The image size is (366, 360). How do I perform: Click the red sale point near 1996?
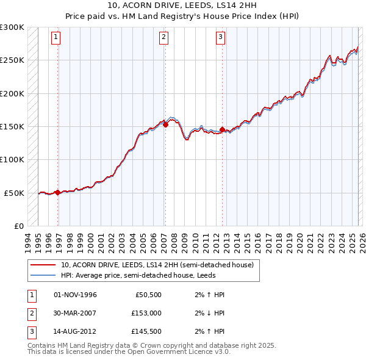[x=57, y=192]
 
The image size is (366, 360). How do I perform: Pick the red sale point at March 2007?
[x=165, y=124]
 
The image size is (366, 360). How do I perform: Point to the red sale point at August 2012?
[x=222, y=129]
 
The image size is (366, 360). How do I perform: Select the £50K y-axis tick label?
[x=15, y=193]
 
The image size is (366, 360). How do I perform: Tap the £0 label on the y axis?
[x=18, y=226]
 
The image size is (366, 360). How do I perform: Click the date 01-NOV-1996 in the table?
[x=75, y=295]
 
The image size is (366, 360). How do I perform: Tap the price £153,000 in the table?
[x=146, y=312]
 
